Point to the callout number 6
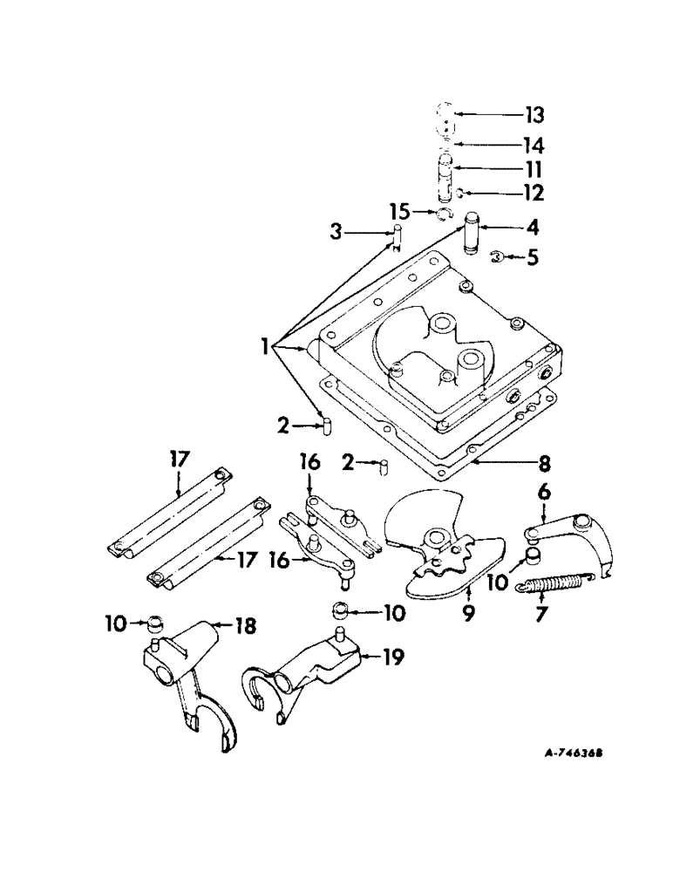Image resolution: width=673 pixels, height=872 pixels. (x=545, y=494)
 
